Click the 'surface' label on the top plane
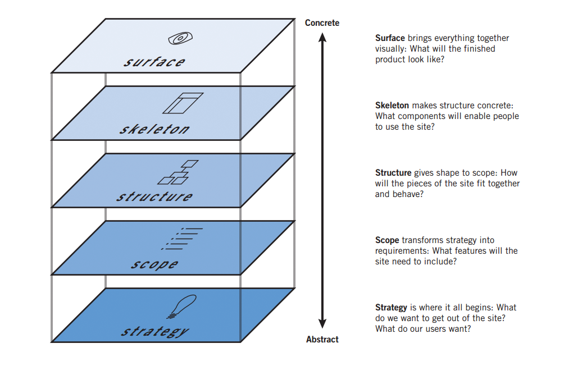pos(154,61)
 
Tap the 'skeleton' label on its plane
pos(154,129)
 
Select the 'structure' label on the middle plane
pos(154,196)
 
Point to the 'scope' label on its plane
pos(154,264)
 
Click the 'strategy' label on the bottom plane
pos(155,331)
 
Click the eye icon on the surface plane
pos(180,39)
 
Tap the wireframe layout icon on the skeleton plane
pos(182,103)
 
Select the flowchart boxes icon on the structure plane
pos(178,172)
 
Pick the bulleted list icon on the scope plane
pos(181,239)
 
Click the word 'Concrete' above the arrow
pos(322,23)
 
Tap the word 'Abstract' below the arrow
pos(322,340)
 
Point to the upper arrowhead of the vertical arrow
pos(322,38)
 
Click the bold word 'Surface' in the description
pos(390,38)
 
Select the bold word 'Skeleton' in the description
pos(392,106)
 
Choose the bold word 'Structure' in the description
pos(393,173)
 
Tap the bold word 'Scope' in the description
pos(387,240)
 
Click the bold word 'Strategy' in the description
pos(391,308)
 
